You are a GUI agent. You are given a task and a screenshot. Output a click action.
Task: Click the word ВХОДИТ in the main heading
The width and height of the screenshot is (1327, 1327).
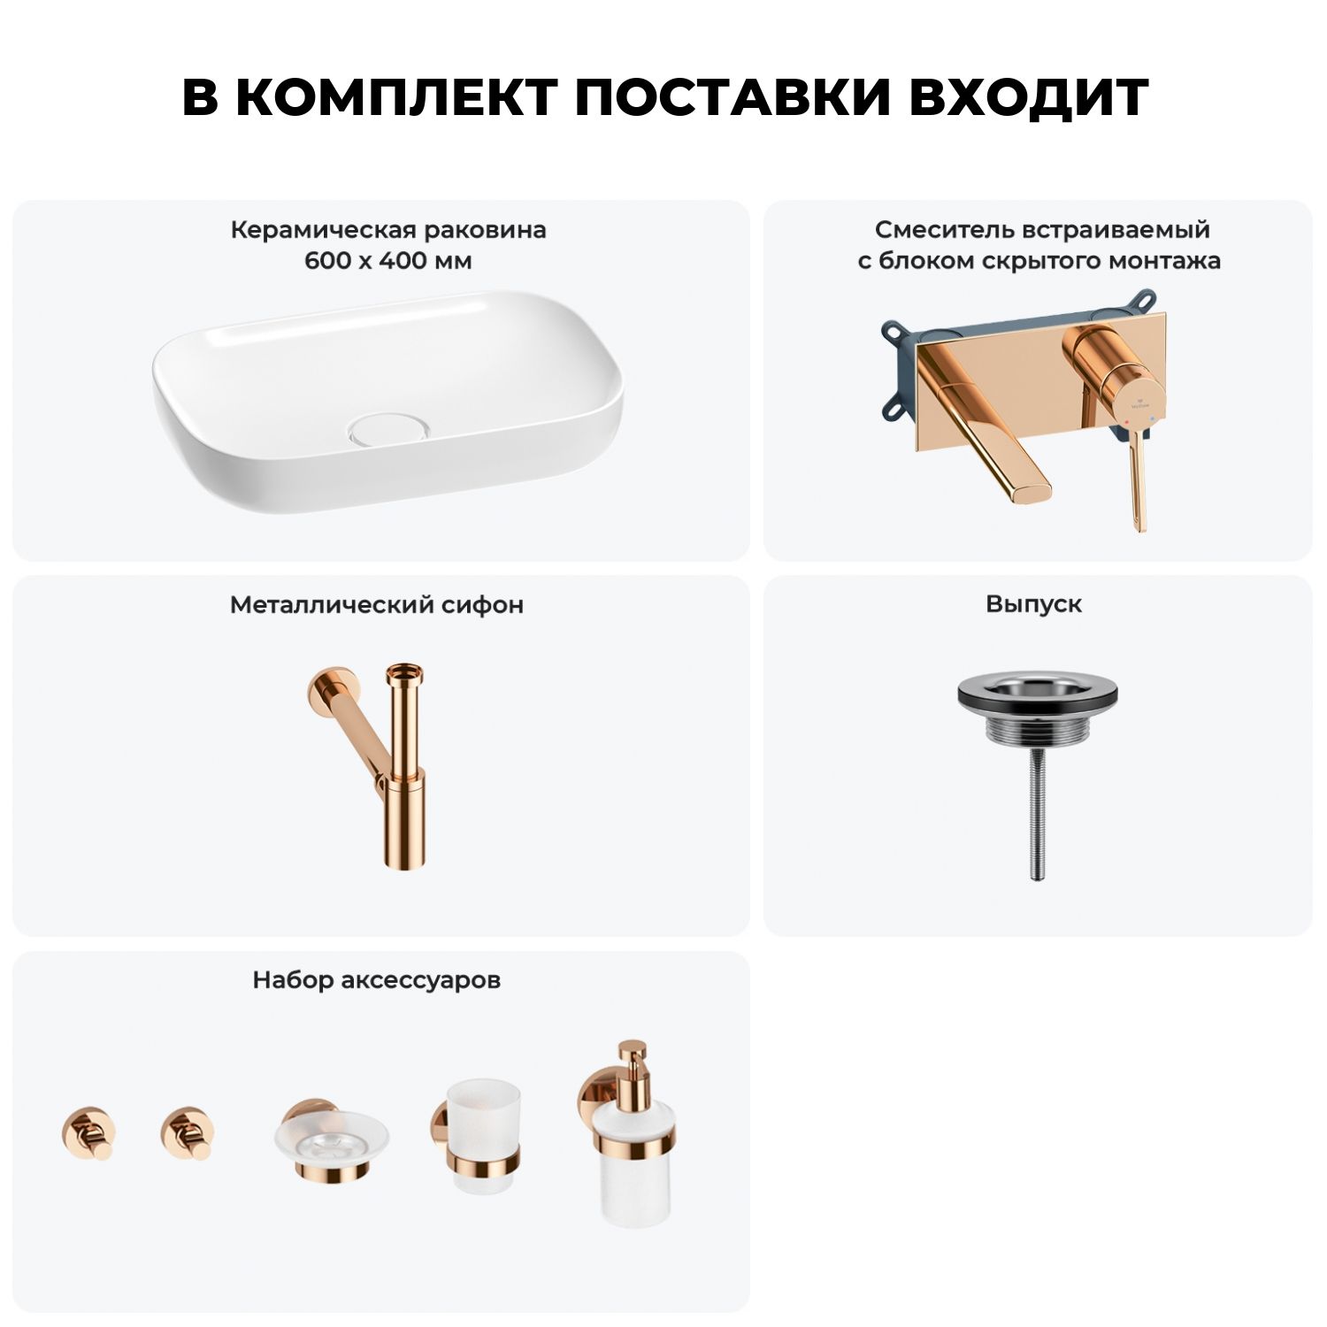pyautogui.click(x=1028, y=96)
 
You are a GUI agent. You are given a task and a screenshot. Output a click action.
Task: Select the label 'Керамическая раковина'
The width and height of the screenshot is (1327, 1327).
pyautogui.click(x=388, y=230)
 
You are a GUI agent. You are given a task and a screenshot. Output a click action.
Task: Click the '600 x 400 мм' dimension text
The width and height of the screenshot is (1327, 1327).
pyautogui.click(x=388, y=261)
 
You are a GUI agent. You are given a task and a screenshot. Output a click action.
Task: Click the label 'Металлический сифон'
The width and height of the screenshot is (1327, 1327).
pyautogui.click(x=377, y=605)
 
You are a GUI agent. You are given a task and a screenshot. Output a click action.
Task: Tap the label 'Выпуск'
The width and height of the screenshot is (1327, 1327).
pyautogui.click(x=1033, y=604)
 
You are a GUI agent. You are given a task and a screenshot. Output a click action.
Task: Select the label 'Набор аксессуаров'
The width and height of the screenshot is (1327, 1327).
pyautogui.click(x=377, y=980)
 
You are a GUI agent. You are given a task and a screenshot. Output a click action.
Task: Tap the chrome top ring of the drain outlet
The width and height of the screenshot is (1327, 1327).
pyautogui.click(x=1032, y=690)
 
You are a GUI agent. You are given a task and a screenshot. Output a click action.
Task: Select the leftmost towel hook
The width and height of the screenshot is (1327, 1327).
pyautogui.click(x=88, y=1133)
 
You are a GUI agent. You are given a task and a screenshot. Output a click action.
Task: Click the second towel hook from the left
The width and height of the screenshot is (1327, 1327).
pyautogui.click(x=188, y=1133)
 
